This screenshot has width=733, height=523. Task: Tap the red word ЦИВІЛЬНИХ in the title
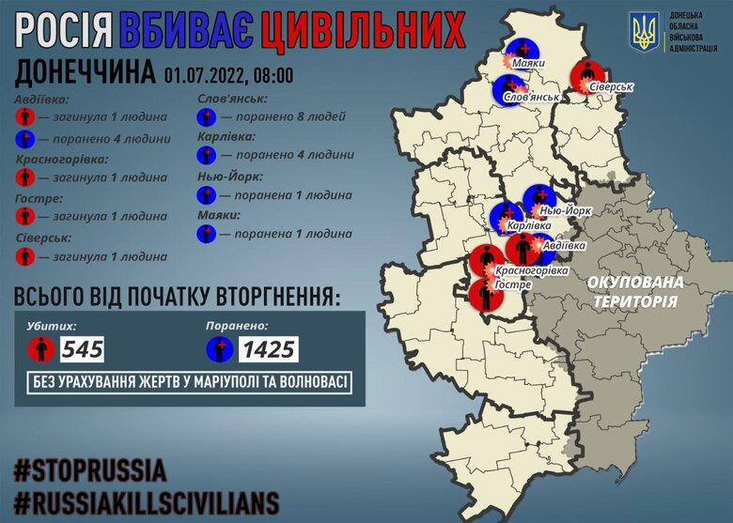[x=364, y=32]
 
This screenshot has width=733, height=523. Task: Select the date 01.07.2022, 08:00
[x=228, y=75]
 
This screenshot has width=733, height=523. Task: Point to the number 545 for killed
[x=82, y=350]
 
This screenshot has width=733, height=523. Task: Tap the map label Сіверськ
[x=612, y=86]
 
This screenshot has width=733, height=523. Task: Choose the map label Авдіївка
[x=565, y=245]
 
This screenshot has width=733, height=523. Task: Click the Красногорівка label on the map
[x=532, y=270]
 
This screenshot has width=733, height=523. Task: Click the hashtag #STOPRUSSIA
[x=90, y=469]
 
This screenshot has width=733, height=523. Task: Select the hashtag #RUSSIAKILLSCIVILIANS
[x=146, y=498]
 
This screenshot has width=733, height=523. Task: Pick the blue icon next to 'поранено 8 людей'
[x=207, y=117]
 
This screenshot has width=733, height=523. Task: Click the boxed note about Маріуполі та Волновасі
[x=189, y=383]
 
